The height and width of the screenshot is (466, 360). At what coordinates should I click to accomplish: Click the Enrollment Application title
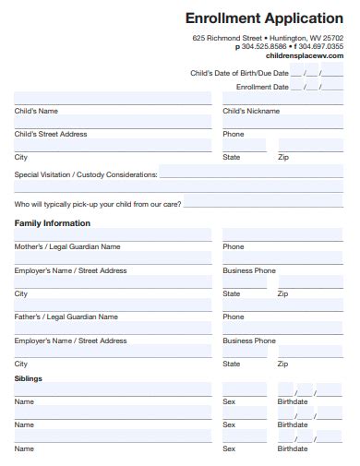coord(264,18)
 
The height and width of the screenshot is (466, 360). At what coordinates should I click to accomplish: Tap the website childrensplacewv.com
coord(304,55)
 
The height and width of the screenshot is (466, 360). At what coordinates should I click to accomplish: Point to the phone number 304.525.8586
coord(264,46)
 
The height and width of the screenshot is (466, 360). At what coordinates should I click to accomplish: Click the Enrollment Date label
coord(262,87)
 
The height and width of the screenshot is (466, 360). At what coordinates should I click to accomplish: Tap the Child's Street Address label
coord(51,134)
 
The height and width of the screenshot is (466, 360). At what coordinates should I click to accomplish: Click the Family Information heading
coord(53,223)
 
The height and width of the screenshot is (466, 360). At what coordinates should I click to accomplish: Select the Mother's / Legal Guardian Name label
coord(66,247)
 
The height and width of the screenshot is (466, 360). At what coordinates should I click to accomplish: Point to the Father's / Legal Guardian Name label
coord(66,317)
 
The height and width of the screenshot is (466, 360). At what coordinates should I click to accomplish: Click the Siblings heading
coord(28,378)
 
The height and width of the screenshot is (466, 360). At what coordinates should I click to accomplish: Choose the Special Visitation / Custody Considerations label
coord(86,173)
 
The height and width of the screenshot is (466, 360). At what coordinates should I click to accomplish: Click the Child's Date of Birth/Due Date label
coord(239,72)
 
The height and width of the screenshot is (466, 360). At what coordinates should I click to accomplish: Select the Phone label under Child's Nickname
coord(234,134)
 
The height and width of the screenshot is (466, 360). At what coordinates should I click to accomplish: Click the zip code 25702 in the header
coord(332,38)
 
